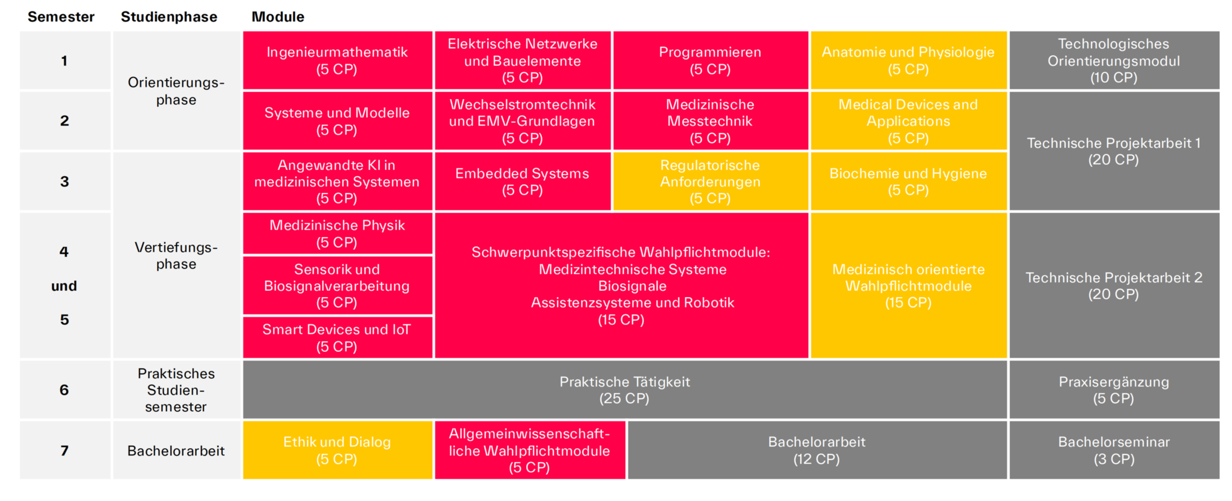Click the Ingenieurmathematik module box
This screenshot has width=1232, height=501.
click(x=337, y=60)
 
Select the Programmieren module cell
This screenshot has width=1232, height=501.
click(x=710, y=60)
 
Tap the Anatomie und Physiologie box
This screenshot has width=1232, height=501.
click(x=908, y=60)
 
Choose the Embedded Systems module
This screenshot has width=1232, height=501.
click(x=522, y=181)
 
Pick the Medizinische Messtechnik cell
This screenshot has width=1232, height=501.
click(x=710, y=121)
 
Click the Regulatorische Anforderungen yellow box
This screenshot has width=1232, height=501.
click(x=710, y=181)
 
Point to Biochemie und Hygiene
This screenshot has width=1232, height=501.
click(x=908, y=181)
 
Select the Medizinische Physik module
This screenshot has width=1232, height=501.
click(x=337, y=233)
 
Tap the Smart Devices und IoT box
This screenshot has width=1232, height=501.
click(x=337, y=337)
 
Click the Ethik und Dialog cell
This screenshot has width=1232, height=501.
click(x=337, y=450)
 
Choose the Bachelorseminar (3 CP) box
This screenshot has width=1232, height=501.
click(x=1113, y=450)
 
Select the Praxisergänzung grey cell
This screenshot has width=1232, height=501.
click(x=1113, y=390)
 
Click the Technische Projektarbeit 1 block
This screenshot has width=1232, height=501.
click(x=1113, y=151)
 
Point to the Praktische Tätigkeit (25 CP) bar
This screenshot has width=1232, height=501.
click(x=625, y=390)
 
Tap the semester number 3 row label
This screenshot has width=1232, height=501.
click(x=64, y=181)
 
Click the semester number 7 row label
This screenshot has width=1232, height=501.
click(x=64, y=450)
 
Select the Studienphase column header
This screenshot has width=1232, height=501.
click(x=169, y=17)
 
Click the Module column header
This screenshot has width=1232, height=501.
click(x=277, y=17)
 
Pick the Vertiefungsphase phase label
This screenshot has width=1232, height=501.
click(x=176, y=256)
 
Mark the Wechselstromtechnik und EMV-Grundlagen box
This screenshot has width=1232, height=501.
click(x=522, y=121)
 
